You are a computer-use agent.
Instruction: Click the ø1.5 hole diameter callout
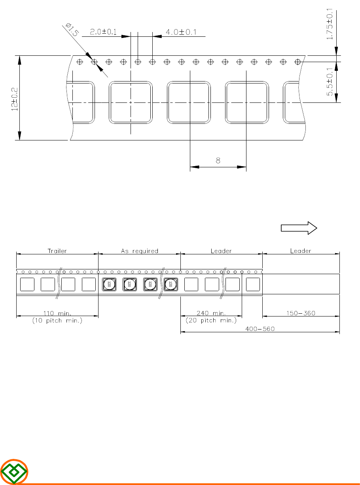point(72,30)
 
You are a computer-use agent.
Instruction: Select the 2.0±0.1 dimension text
point(103,32)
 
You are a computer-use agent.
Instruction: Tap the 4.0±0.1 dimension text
point(181,32)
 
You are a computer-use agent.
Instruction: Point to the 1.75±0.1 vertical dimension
point(330,24)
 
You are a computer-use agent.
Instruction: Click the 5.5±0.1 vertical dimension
point(330,82)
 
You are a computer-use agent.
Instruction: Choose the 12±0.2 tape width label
point(15,99)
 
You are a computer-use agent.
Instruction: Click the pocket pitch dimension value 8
point(218,161)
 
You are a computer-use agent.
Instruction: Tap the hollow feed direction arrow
point(299,228)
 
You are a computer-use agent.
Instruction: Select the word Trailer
point(57,251)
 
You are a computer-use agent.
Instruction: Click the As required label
point(140,251)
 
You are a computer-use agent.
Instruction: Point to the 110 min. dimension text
point(57,313)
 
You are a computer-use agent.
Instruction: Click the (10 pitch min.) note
point(57,320)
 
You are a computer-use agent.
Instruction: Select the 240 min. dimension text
point(211,313)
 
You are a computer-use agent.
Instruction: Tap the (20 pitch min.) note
point(211,320)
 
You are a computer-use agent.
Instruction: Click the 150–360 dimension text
point(301,313)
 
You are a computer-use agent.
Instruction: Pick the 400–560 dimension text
point(260,329)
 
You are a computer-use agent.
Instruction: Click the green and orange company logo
point(14,472)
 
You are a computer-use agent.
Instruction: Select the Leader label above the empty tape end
point(301,251)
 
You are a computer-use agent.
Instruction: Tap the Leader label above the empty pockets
point(221,251)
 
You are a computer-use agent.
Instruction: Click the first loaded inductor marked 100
point(109,284)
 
